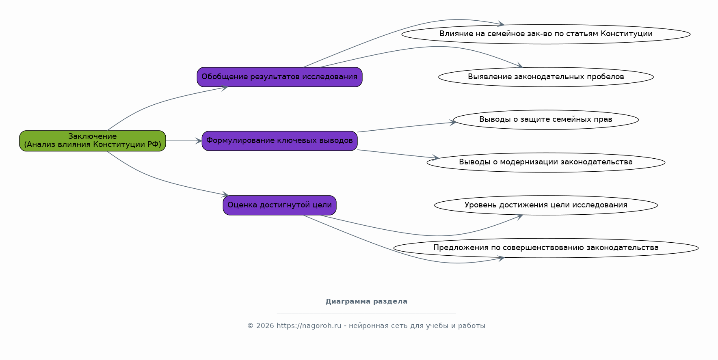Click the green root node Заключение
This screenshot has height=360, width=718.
pyautogui.click(x=93, y=141)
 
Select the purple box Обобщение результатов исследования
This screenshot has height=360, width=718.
pyautogui.click(x=279, y=77)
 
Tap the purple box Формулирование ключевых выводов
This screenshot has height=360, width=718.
pyautogui.click(x=279, y=141)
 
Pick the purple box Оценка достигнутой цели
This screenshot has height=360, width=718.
pyautogui.click(x=279, y=205)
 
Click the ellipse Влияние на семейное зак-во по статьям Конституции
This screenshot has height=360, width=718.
pyautogui.click(x=546, y=34)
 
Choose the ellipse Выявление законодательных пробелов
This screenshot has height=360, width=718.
pyautogui.click(x=546, y=77)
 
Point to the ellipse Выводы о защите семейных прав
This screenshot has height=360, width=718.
pyautogui.click(x=546, y=120)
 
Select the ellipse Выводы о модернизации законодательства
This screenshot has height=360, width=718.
pyautogui.click(x=546, y=162)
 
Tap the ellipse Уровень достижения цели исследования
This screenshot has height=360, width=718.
pyautogui.click(x=546, y=205)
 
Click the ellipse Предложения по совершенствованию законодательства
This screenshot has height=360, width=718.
pyautogui.click(x=546, y=248)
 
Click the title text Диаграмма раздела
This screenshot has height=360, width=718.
pyautogui.click(x=366, y=302)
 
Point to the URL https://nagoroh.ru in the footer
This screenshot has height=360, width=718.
pyautogui.click(x=309, y=326)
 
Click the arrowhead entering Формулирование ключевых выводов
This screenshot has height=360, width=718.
pyautogui.click(x=199, y=141)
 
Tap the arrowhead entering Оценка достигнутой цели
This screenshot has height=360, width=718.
pyautogui.click(x=225, y=195)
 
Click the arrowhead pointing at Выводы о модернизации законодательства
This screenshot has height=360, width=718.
pyautogui.click(x=435, y=157)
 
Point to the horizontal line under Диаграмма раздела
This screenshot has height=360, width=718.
pyautogui.click(x=366, y=313)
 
